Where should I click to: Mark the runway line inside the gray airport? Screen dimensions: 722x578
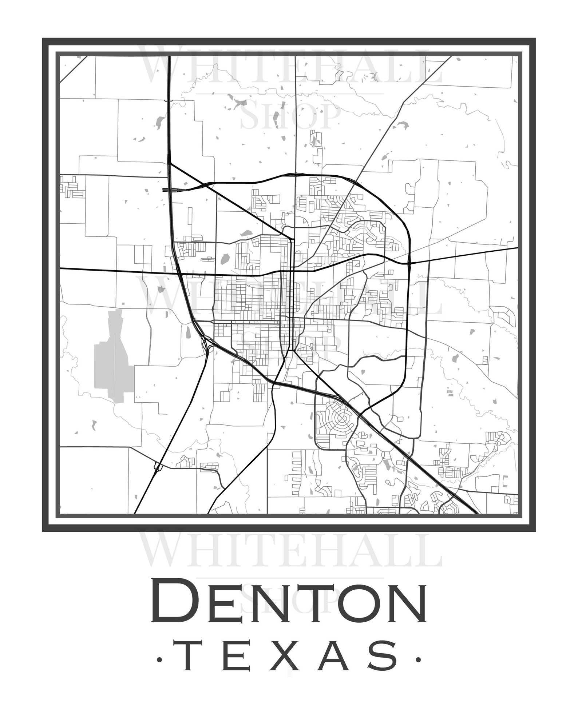pyautogui.click(x=114, y=364)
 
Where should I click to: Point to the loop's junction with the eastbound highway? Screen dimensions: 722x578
pyautogui.click(x=409, y=262)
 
